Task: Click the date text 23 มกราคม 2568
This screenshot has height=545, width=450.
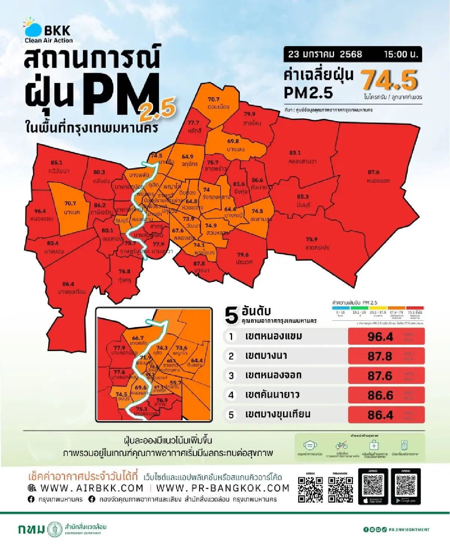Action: [x=325, y=54]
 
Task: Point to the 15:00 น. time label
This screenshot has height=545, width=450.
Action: [x=400, y=54]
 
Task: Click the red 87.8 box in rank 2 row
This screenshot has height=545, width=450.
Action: [x=386, y=356]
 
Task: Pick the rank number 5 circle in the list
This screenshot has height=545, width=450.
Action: [x=231, y=415]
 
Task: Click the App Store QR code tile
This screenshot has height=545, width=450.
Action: [x=373, y=486]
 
